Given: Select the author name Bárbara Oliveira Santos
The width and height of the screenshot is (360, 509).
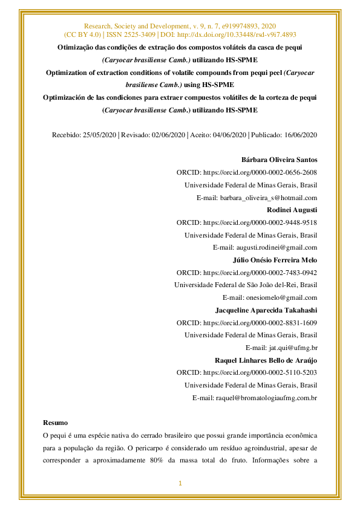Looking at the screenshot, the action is click(x=279, y=160).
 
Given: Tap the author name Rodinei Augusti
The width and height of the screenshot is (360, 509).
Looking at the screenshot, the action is click(x=292, y=210).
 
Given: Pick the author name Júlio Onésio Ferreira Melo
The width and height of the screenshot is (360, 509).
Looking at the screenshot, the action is click(x=275, y=260).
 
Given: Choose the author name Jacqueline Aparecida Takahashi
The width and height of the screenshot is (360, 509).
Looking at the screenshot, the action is click(x=266, y=310).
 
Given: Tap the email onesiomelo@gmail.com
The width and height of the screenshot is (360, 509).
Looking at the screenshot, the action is click(x=281, y=297).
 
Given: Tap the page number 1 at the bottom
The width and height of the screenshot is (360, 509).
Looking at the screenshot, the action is click(x=180, y=483).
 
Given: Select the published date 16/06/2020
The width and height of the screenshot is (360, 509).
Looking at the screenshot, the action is click(x=301, y=135).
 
